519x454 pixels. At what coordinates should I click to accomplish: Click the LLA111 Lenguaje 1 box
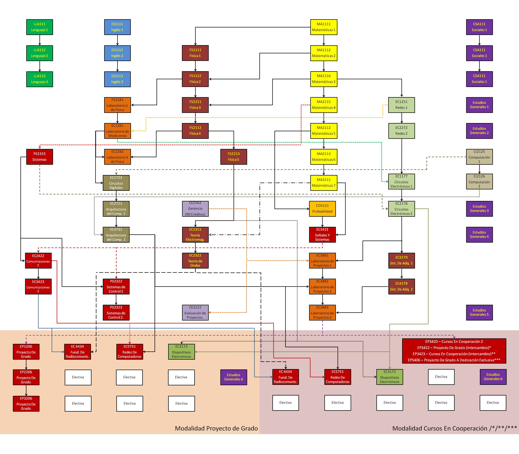39,27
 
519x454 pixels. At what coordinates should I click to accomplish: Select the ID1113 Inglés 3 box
117,79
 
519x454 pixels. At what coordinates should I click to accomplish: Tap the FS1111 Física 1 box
195,53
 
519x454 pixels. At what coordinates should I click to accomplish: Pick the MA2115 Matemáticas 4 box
324,105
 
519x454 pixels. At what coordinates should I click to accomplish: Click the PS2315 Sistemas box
39,157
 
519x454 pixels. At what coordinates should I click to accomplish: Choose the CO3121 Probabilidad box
322,209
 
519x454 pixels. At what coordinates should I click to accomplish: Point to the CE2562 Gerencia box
195,209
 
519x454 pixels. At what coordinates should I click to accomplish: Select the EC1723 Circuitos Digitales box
116,183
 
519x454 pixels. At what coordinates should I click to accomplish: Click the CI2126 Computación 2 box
479,181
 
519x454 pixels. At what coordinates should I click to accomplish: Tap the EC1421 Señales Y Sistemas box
322,235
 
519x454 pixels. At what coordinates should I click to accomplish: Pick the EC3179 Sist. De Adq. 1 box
401,260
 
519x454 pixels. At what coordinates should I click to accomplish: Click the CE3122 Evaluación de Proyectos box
195,312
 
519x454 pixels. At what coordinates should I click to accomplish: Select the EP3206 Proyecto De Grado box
26,404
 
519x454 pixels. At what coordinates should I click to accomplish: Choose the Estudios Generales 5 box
479,312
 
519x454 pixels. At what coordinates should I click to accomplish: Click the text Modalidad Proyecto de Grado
216,428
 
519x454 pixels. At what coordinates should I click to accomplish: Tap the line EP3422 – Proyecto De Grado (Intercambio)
454,348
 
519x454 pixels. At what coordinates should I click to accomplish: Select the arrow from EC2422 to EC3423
38,274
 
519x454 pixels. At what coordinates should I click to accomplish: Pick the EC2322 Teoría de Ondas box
195,260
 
